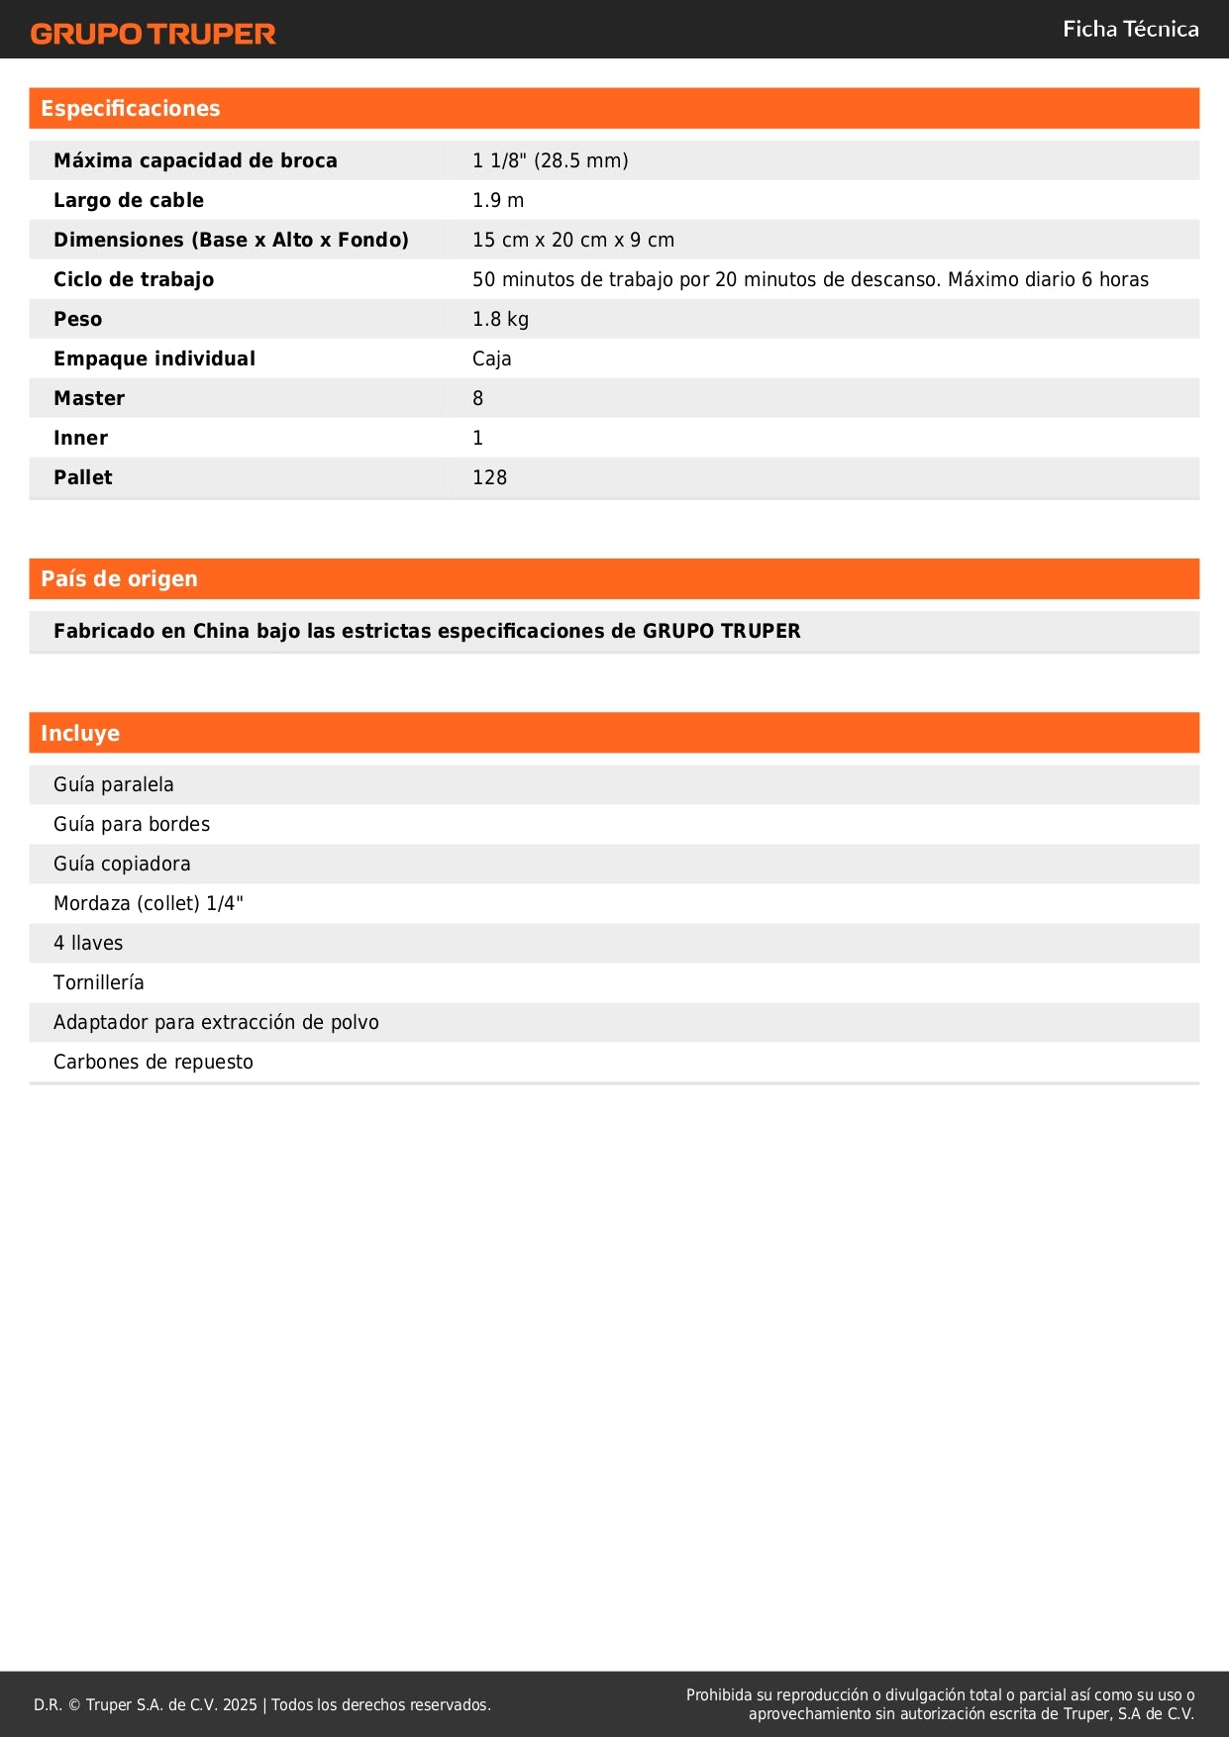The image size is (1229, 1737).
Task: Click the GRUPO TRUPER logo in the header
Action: (x=153, y=34)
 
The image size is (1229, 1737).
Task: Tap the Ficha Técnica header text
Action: (x=1130, y=30)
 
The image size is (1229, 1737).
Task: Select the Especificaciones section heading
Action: (x=130, y=109)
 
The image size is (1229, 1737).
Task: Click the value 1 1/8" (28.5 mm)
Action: (x=550, y=160)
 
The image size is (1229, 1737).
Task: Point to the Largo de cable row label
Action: (x=128, y=200)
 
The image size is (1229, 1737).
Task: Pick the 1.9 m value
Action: (x=497, y=200)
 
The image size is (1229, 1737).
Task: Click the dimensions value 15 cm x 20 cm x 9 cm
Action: (x=572, y=240)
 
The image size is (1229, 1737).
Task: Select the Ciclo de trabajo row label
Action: (x=133, y=279)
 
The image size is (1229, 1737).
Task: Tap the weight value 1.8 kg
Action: (x=500, y=319)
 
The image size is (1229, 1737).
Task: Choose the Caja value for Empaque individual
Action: (x=491, y=358)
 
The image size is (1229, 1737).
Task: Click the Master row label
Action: (x=89, y=398)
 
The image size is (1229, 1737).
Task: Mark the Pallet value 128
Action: (x=489, y=477)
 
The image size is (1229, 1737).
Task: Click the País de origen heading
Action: (x=119, y=579)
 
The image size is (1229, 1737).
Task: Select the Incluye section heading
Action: (x=79, y=734)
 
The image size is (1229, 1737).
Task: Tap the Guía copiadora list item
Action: (x=122, y=864)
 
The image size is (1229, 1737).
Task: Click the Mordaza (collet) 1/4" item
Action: (x=148, y=903)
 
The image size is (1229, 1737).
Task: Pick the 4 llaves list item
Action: (x=88, y=943)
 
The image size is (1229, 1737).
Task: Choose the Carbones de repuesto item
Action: (x=153, y=1062)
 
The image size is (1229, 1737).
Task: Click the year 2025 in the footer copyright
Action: (x=240, y=1704)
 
